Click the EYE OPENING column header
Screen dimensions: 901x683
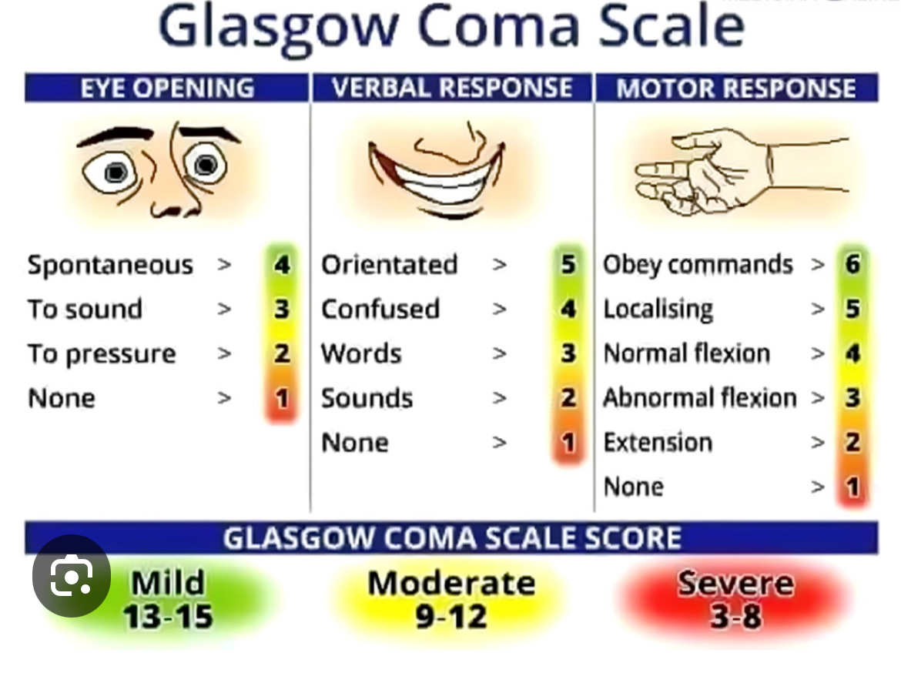pos(166,88)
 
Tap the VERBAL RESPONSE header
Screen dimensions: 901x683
pos(451,88)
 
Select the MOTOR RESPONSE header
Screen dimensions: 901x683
pos(736,88)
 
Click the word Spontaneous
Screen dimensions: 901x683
pos(110,266)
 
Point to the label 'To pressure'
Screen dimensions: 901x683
pos(102,354)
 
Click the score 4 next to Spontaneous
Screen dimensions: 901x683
pos(282,265)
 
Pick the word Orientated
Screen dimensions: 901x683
pos(389,265)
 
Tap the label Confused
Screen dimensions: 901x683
pos(380,309)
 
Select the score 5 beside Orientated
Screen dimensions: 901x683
pos(568,264)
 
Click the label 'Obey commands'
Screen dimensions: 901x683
pos(698,265)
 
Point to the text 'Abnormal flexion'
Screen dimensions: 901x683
pos(699,397)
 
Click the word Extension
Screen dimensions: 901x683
pos(658,442)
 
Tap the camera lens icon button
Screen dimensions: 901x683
pos(72,575)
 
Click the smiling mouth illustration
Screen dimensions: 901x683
pos(437,172)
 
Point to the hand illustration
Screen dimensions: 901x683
pos(742,171)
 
